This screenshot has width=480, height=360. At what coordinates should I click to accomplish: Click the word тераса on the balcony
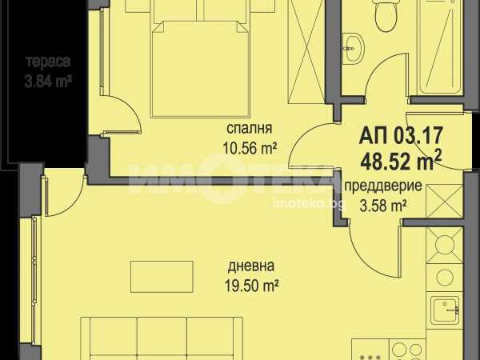48,62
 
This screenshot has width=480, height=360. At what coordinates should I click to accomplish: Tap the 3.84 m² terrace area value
48,82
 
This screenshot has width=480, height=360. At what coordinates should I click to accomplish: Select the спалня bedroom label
249,129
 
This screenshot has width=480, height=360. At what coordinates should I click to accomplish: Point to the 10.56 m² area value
250,149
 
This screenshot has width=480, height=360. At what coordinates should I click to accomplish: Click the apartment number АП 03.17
402,135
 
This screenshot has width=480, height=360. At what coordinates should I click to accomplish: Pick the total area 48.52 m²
402,161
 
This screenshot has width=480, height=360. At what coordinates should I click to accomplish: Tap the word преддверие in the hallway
383,186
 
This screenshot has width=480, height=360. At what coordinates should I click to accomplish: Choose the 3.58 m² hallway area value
383,206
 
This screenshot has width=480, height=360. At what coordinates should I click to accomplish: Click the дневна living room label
251,266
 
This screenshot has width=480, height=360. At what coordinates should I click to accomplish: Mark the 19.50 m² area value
251,286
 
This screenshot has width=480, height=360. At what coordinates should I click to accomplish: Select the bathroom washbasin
352,48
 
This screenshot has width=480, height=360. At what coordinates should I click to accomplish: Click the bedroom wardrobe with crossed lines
306,52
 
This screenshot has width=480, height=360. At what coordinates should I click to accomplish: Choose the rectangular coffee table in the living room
162,277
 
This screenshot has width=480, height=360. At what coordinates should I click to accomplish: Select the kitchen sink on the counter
445,310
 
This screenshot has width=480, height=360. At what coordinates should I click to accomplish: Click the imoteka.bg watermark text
309,204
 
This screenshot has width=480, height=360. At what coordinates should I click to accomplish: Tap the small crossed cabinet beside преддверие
444,202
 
